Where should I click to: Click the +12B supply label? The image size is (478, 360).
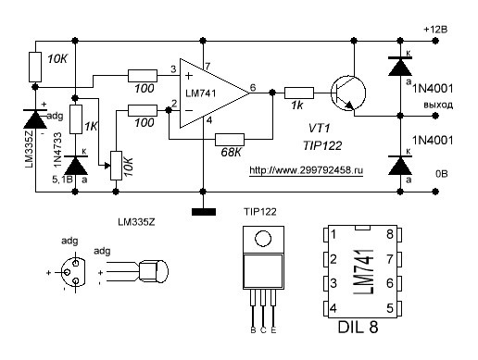[435, 30]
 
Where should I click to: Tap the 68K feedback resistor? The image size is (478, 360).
[230, 140]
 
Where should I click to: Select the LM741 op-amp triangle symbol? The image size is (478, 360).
[215, 93]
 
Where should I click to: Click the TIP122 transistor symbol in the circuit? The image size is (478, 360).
[348, 93]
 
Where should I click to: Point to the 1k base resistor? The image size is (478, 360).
[299, 93]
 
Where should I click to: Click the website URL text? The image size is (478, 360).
[306, 170]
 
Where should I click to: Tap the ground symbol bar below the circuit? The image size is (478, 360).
[204, 212]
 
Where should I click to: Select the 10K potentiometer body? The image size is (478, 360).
[116, 166]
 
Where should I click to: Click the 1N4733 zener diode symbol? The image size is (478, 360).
[76, 166]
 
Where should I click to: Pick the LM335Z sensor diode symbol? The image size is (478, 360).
[35, 119]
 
